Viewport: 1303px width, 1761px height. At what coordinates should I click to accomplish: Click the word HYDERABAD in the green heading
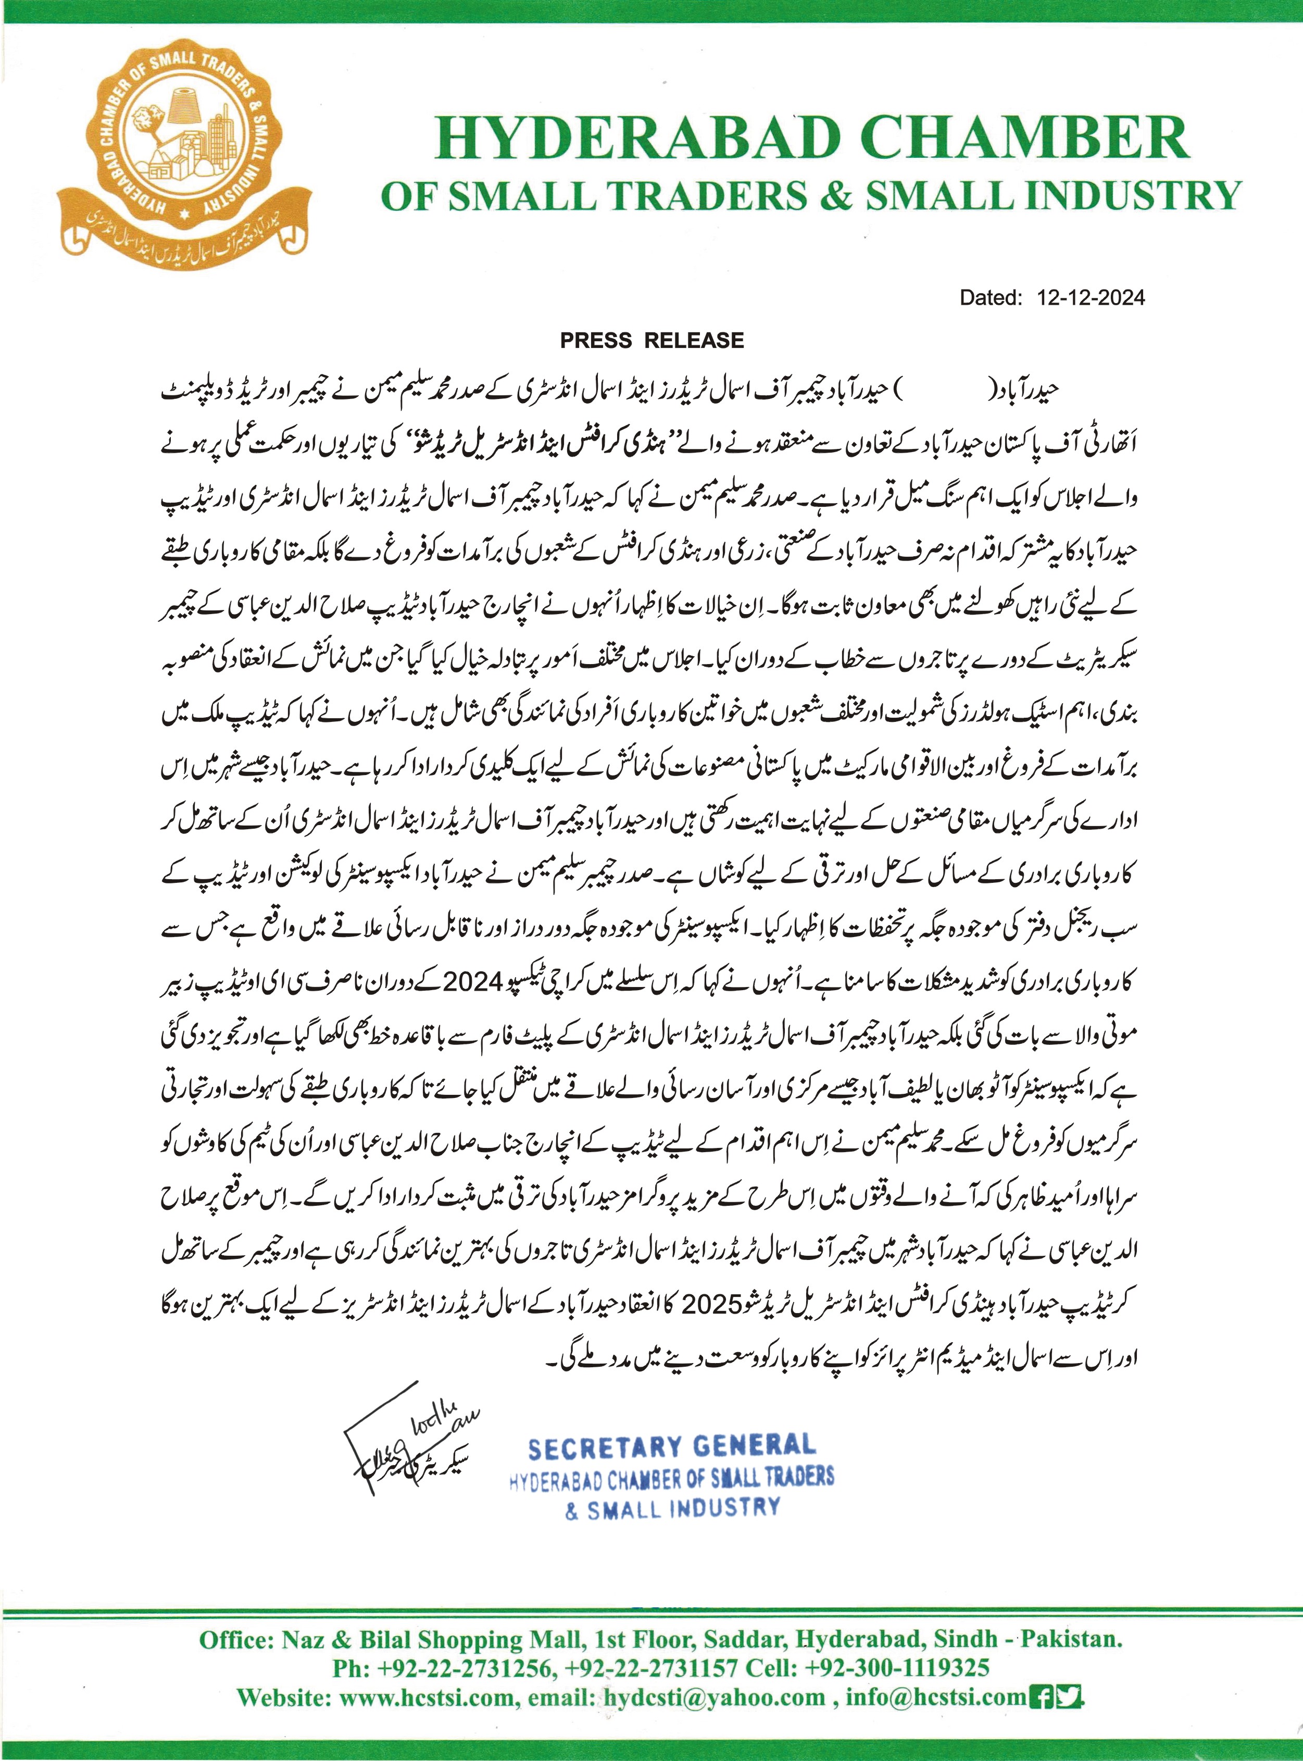(637, 138)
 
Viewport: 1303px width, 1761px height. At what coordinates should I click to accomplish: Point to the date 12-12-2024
(1091, 297)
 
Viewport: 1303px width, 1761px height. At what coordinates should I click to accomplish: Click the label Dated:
(991, 297)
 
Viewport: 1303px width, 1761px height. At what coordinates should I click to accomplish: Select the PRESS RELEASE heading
(651, 341)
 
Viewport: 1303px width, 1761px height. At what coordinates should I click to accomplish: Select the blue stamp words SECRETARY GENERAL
(671, 1446)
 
